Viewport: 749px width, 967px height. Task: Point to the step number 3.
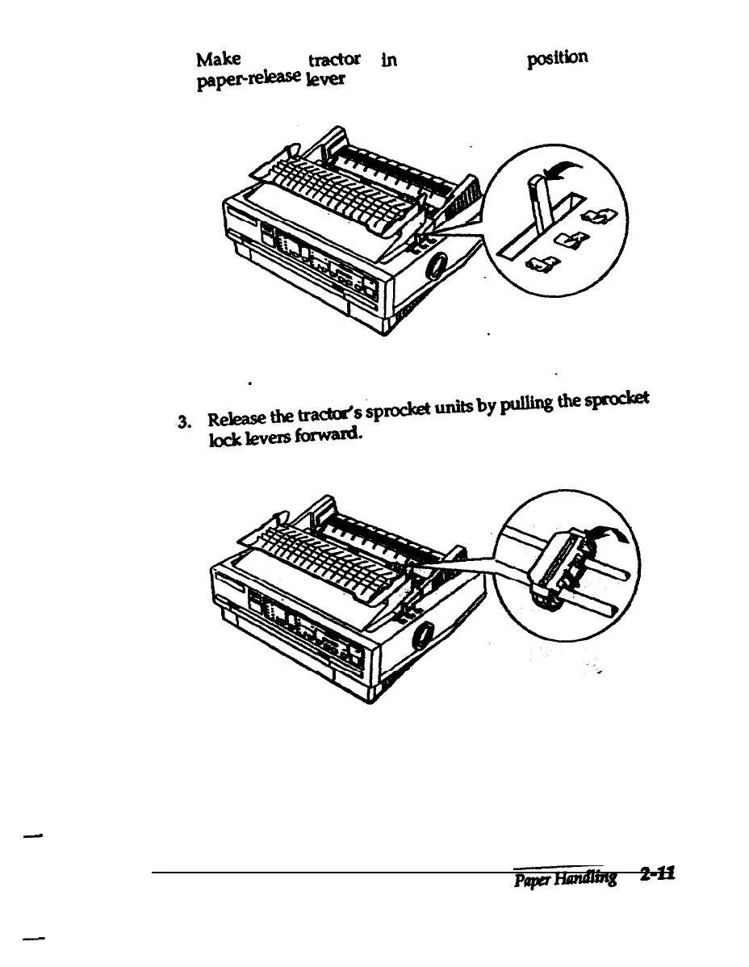tap(185, 421)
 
